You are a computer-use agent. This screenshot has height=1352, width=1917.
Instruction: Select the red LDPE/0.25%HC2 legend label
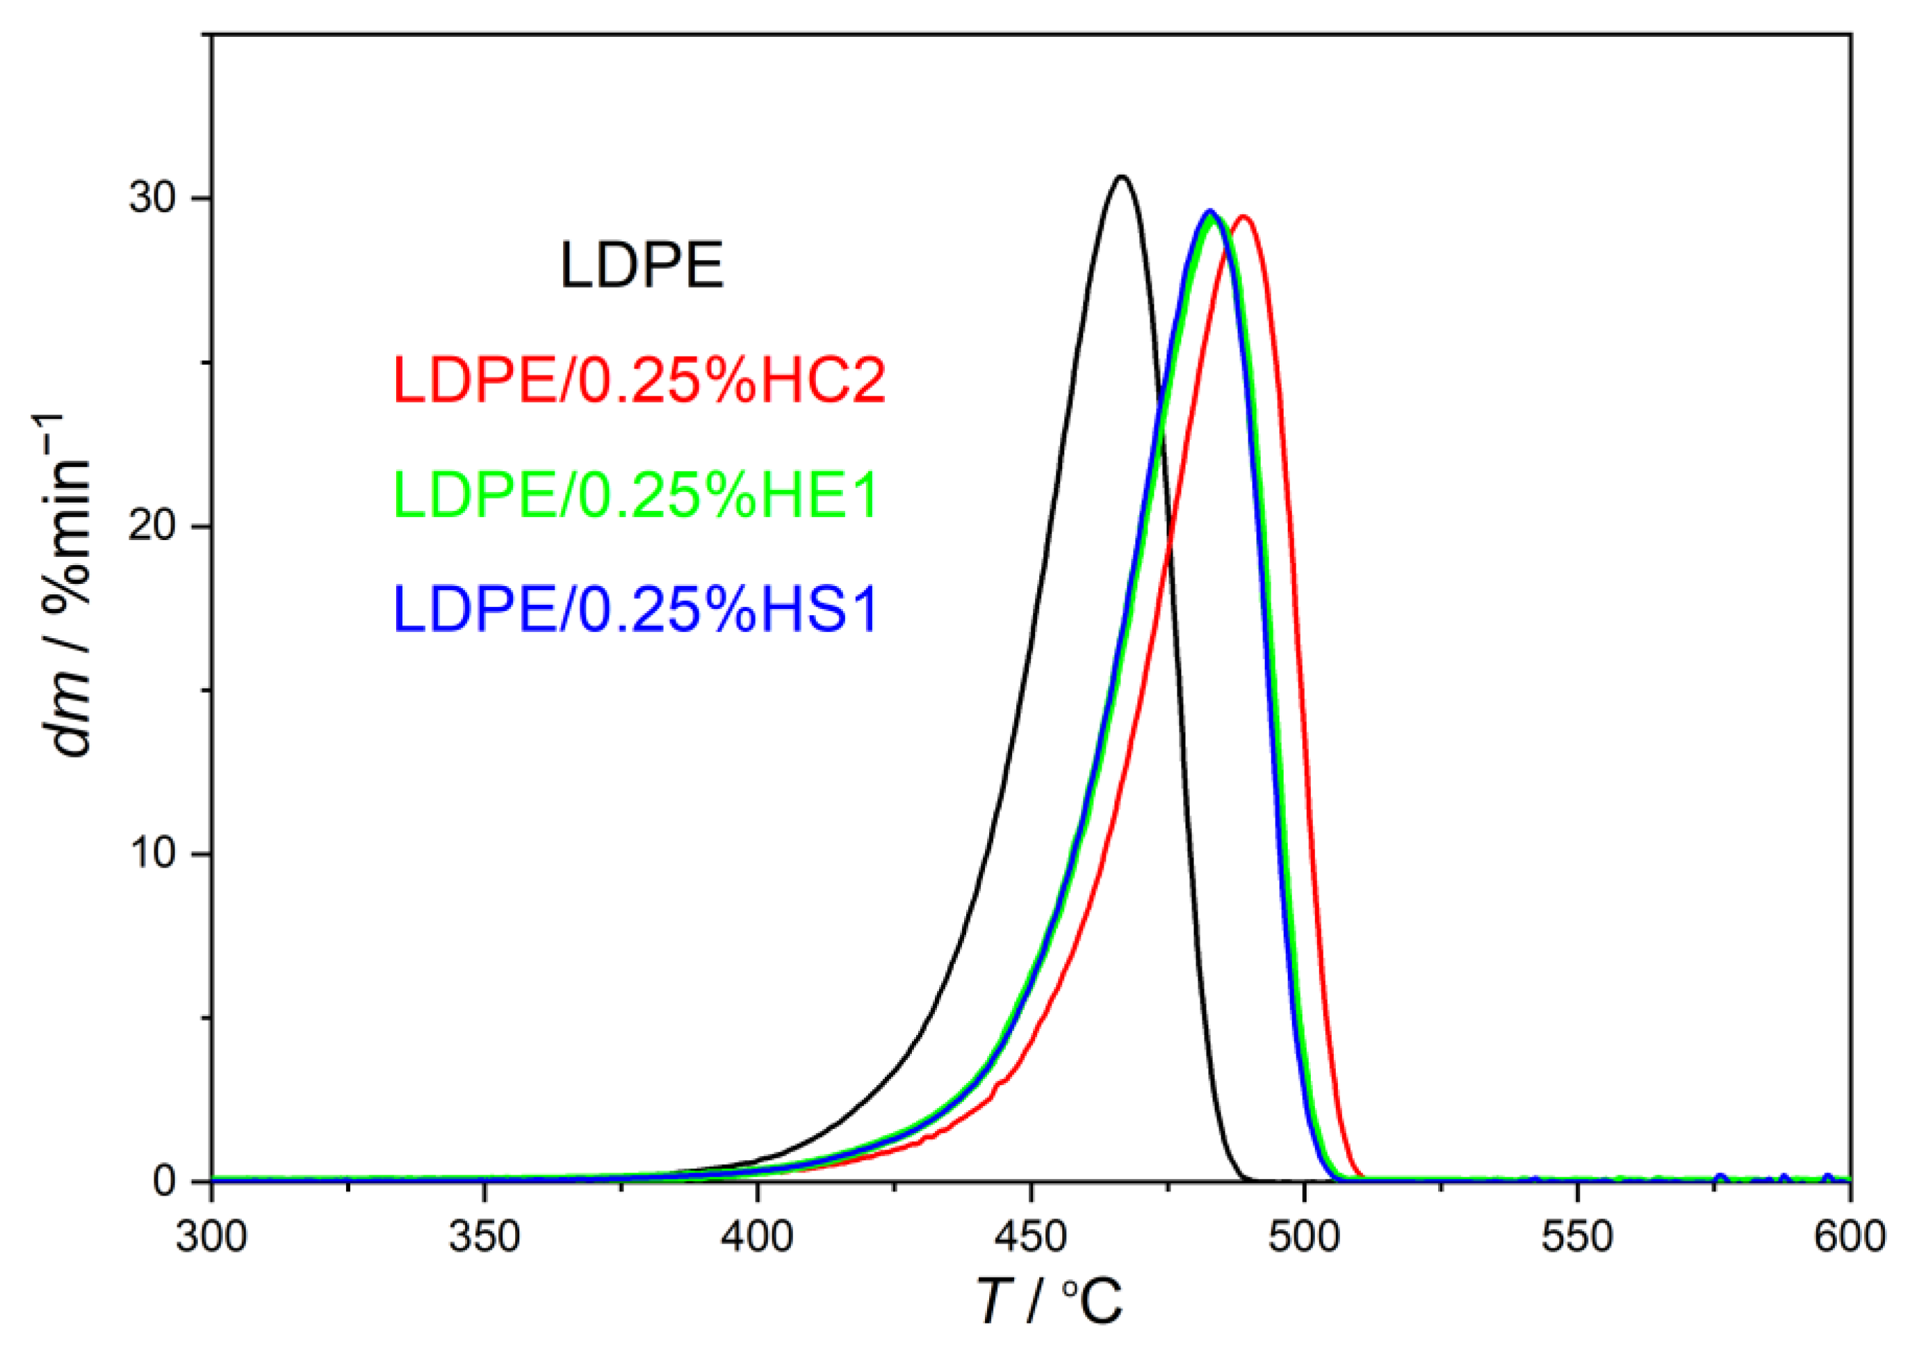(x=639, y=380)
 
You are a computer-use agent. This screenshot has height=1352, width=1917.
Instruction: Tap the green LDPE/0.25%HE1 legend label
(x=635, y=494)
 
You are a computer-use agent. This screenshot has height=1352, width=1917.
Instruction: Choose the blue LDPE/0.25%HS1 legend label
(x=635, y=609)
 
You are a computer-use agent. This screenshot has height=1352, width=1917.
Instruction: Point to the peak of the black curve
(x=1122, y=177)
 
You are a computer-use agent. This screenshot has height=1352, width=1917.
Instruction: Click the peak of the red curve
(x=1244, y=217)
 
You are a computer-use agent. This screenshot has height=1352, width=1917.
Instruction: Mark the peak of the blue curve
(x=1209, y=211)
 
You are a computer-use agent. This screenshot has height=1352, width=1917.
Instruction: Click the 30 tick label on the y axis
(x=156, y=199)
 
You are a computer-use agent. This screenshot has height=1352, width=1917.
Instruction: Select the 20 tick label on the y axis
(x=156, y=527)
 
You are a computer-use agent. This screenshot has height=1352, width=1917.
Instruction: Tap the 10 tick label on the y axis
(x=156, y=854)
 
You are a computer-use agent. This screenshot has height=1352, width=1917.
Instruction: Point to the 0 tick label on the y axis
(x=166, y=1182)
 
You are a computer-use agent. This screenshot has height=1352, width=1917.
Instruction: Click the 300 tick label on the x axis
(x=211, y=1237)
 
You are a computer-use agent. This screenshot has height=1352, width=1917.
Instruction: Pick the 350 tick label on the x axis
(x=484, y=1237)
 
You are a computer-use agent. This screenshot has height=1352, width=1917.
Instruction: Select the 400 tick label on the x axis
(x=758, y=1237)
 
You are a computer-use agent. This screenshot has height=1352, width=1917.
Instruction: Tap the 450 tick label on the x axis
(x=1030, y=1237)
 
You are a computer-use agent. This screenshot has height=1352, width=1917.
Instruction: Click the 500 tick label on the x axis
(x=1303, y=1237)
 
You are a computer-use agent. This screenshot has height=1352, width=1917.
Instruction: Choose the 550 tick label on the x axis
(x=1576, y=1237)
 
